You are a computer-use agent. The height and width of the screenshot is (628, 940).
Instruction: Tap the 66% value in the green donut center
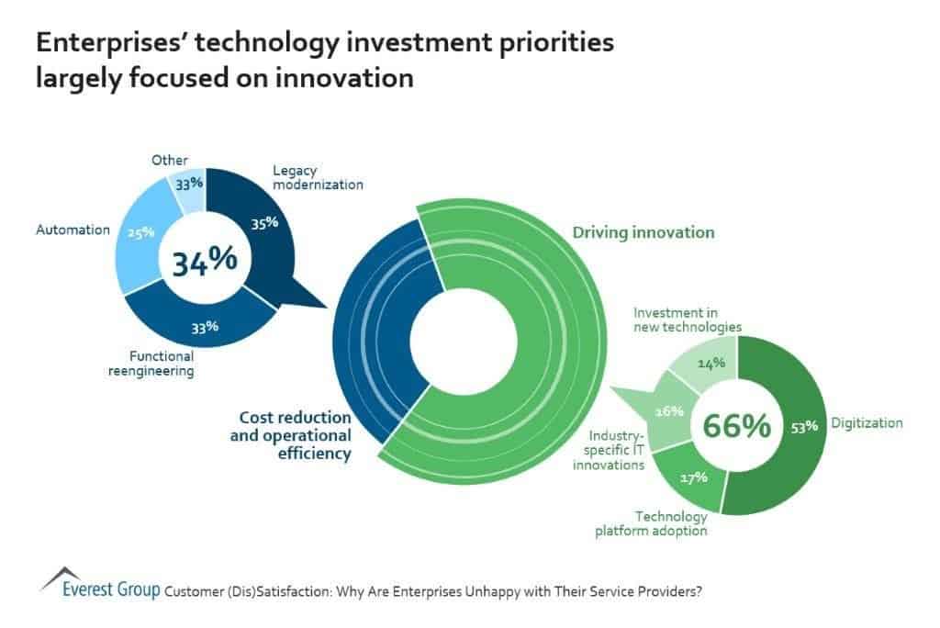click(x=735, y=426)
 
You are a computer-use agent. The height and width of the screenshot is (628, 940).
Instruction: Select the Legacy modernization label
click(x=318, y=177)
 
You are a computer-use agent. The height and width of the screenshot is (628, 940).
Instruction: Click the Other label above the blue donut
click(x=170, y=161)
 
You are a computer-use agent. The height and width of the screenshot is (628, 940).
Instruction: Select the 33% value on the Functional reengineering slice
click(x=205, y=326)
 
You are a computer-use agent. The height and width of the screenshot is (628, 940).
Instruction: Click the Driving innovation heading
click(x=643, y=232)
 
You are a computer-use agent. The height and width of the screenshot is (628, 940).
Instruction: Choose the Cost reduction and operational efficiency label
click(x=290, y=435)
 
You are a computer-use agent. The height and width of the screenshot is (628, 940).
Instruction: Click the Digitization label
click(x=867, y=423)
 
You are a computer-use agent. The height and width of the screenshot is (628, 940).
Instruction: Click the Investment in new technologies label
click(x=687, y=320)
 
